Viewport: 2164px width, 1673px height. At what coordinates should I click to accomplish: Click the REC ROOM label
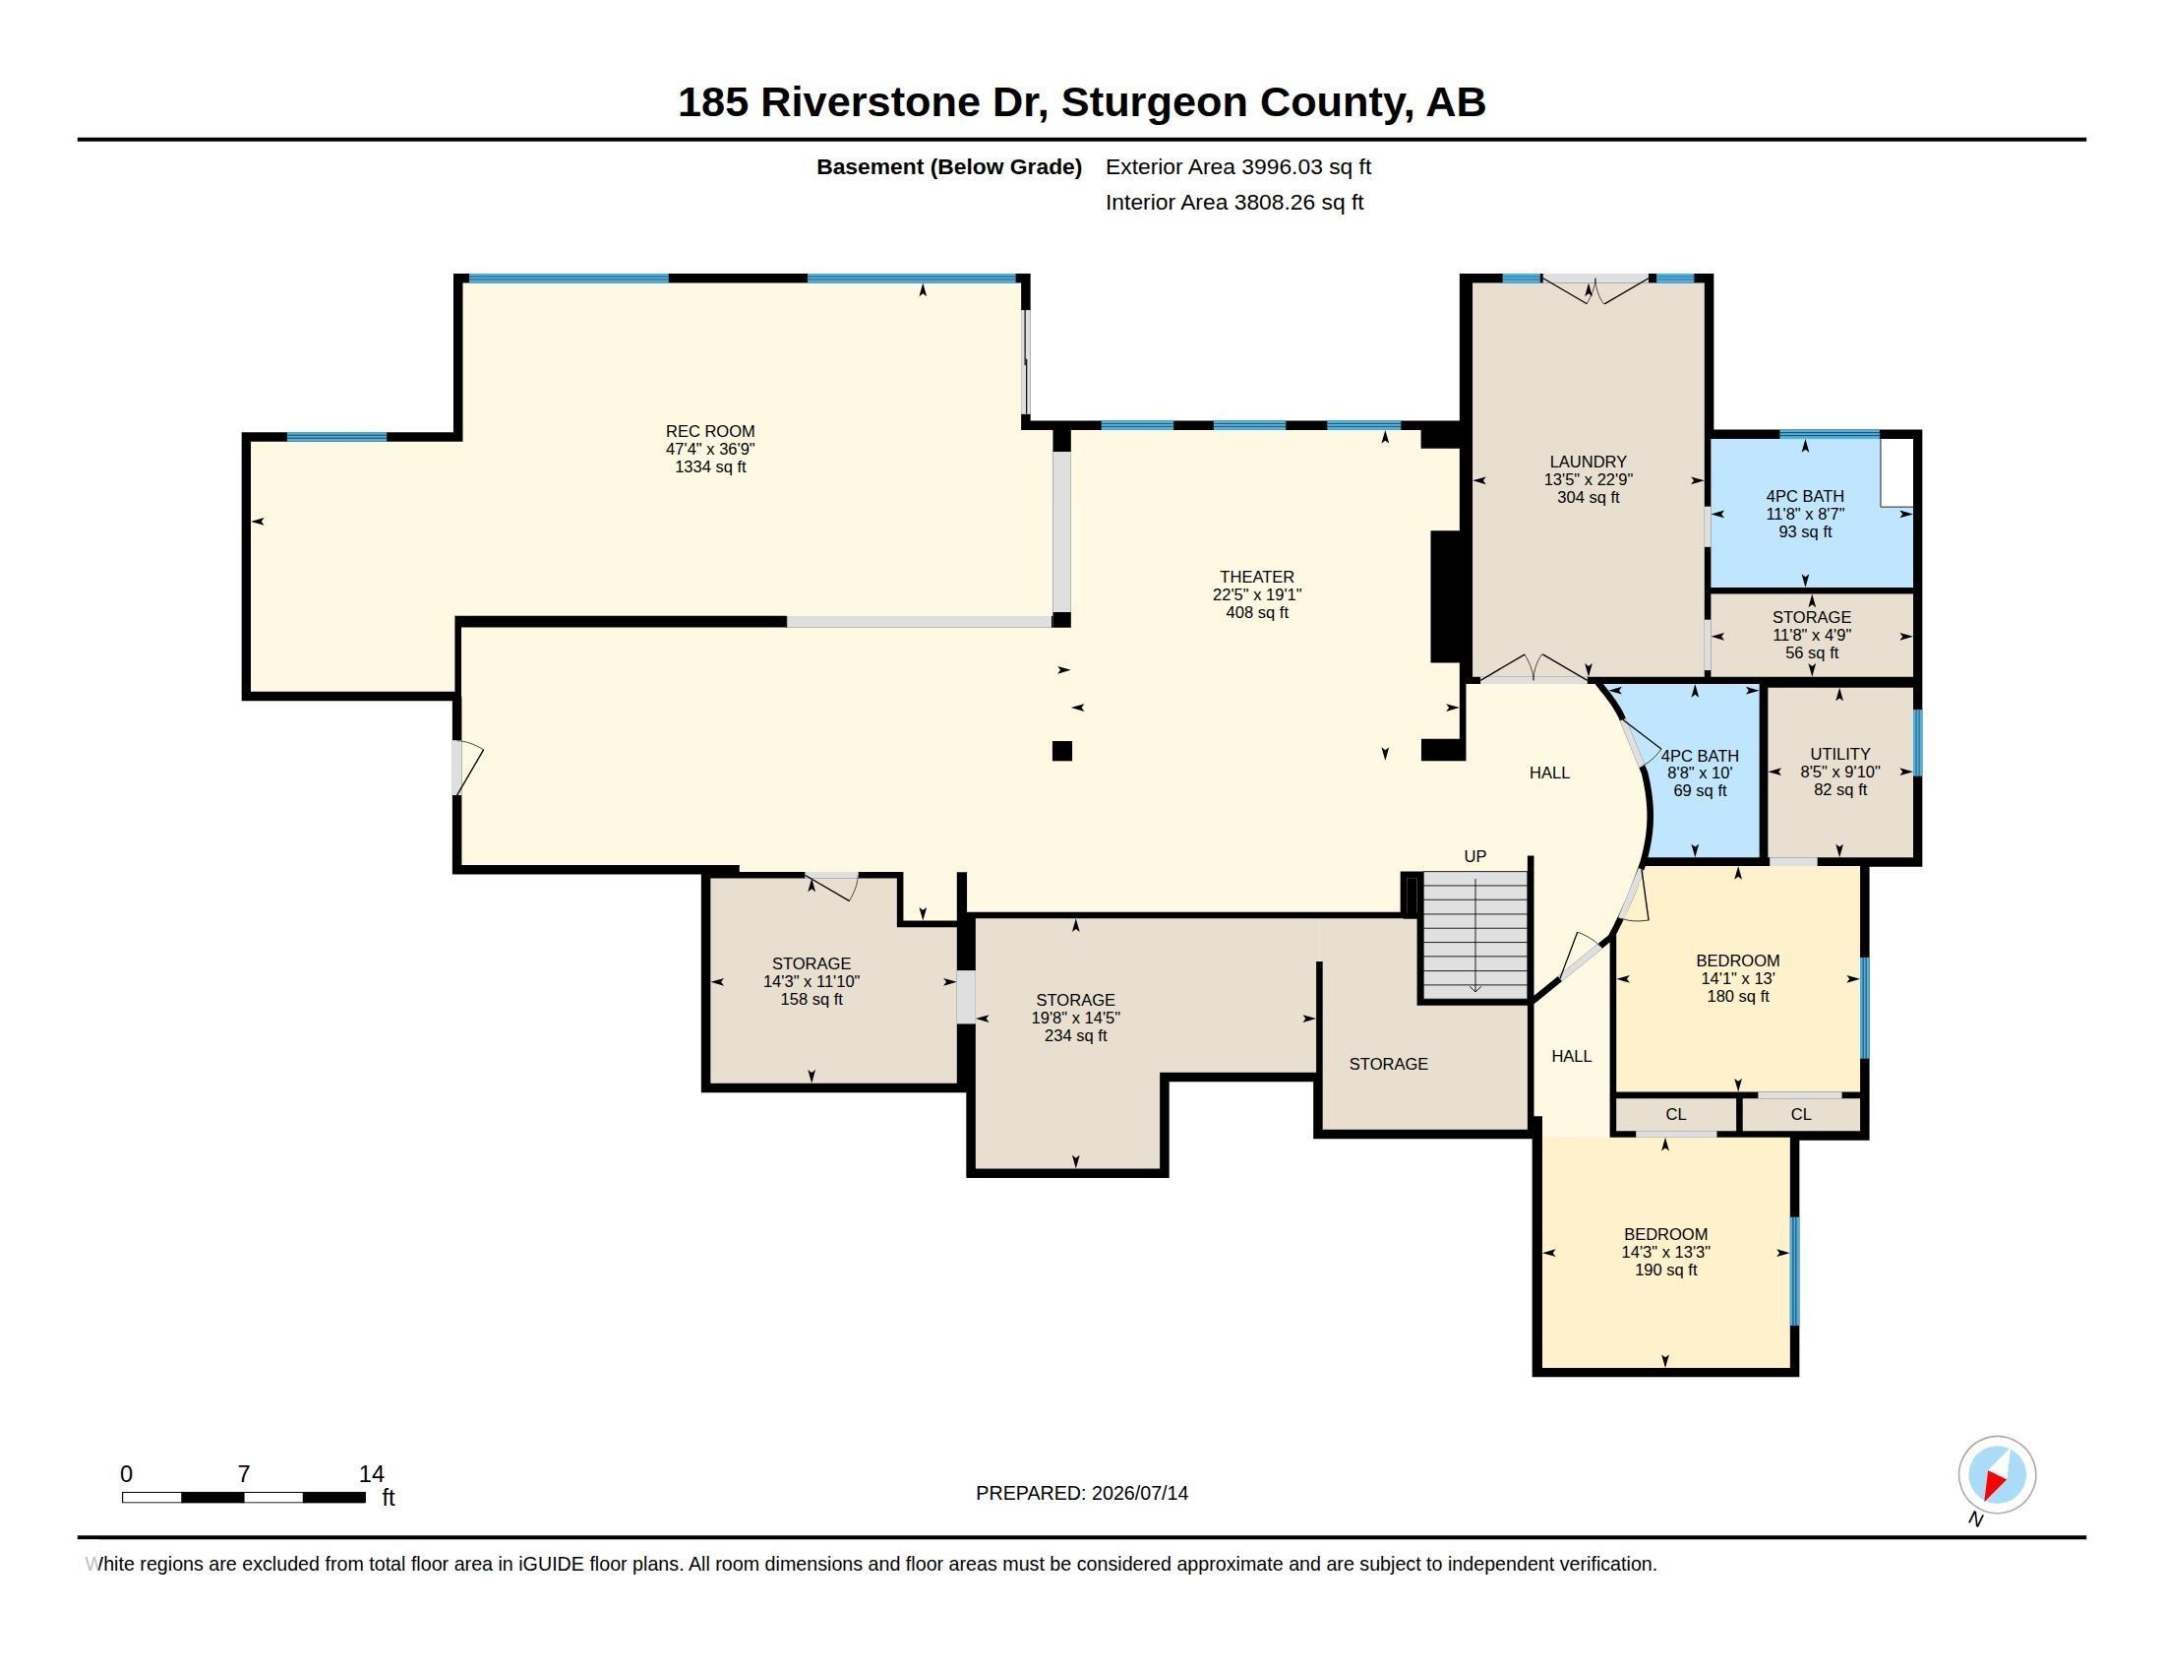point(709,449)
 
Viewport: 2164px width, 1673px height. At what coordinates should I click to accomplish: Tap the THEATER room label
point(1256,594)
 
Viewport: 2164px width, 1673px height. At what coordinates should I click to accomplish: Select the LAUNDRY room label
point(1588,479)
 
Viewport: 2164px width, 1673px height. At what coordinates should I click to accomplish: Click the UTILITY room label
point(1840,773)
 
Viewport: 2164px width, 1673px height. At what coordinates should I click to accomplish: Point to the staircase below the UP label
point(1475,935)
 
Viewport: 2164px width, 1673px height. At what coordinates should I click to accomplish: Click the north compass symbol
point(1996,1477)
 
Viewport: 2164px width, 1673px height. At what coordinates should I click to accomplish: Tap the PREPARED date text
point(1081,1493)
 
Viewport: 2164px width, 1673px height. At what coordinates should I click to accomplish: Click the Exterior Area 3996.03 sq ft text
point(1237,166)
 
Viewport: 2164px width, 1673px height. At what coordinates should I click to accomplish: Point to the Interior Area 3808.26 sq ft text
point(1233,202)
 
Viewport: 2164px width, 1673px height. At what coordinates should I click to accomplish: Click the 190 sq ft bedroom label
point(1664,1252)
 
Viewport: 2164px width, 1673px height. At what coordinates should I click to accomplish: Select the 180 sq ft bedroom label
point(1737,978)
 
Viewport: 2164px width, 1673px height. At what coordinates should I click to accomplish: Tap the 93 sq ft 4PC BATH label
point(1804,514)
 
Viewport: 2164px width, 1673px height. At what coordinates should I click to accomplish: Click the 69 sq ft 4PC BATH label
point(1700,774)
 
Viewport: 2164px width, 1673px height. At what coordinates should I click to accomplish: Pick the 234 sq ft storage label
point(1075,1018)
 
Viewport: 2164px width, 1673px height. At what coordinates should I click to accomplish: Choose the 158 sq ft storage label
point(811,981)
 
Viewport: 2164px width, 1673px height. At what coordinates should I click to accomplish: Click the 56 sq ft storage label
point(1811,636)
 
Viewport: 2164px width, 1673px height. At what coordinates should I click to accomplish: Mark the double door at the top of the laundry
point(1595,288)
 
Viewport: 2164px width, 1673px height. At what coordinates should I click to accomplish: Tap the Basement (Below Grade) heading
point(948,166)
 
